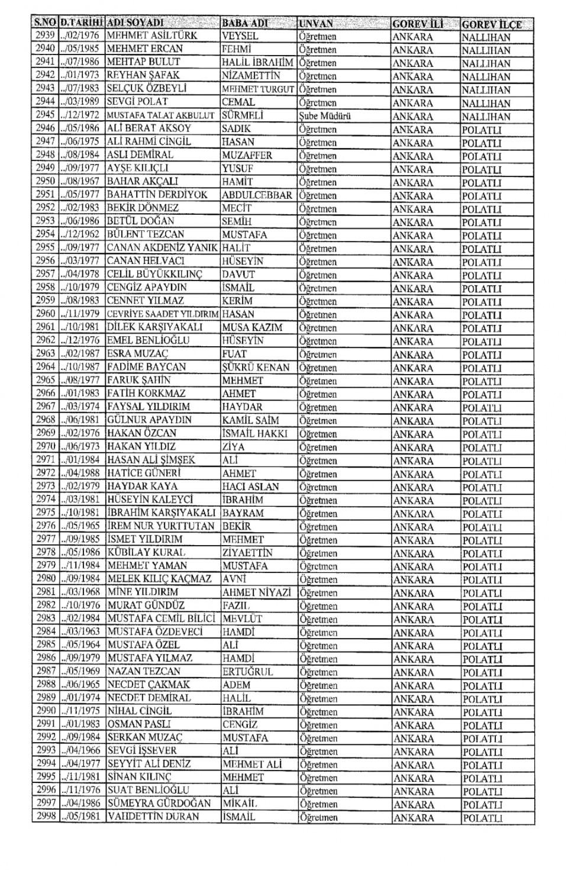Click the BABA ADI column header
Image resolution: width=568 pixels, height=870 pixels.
coord(244,24)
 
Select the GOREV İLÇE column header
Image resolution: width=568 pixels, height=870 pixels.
coord(492,24)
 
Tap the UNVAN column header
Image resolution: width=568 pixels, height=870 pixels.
coord(317,24)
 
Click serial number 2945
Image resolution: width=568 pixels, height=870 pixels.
coord(46,115)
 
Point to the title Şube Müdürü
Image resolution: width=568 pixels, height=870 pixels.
coord(325,116)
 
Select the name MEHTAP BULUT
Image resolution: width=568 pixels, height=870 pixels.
coord(143,62)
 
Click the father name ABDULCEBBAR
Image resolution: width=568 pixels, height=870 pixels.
coord(257,195)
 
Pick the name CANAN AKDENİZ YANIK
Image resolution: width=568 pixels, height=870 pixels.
coord(163,248)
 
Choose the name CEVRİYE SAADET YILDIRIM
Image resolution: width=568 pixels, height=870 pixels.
coord(163,314)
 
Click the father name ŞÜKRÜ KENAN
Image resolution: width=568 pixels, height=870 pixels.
coord(256,368)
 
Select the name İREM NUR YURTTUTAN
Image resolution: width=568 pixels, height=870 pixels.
coord(161,526)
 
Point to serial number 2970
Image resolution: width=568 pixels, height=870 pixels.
coord(46,447)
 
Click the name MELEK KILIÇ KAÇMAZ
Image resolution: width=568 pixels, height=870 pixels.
coord(160,579)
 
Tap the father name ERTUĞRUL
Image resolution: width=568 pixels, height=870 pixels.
coord(248,672)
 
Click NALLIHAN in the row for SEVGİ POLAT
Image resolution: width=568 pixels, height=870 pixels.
coord(486,103)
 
